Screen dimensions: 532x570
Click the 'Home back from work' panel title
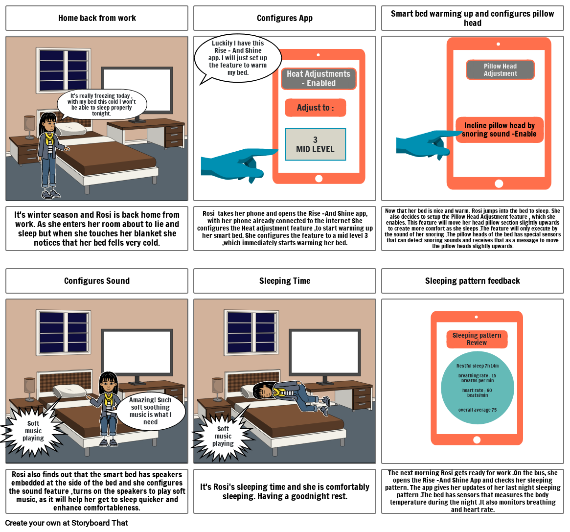click(x=97, y=18)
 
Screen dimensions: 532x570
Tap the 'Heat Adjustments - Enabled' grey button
click(x=319, y=78)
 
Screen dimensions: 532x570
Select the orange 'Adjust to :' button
click(x=316, y=108)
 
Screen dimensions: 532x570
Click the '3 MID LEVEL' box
click(x=316, y=144)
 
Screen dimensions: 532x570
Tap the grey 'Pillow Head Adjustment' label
click(x=500, y=70)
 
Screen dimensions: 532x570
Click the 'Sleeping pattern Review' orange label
click(x=477, y=339)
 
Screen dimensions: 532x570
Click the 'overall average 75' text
click(x=477, y=410)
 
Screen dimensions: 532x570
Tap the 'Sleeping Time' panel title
click(x=285, y=281)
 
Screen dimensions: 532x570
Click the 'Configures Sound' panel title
click(x=97, y=281)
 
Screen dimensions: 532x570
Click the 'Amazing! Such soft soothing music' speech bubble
click(x=150, y=411)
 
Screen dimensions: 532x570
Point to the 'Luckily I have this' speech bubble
click(x=238, y=58)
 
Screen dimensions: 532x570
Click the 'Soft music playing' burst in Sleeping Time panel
click(x=223, y=436)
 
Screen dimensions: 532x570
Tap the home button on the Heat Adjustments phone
click(x=319, y=179)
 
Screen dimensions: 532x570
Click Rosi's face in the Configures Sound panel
click(x=108, y=385)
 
